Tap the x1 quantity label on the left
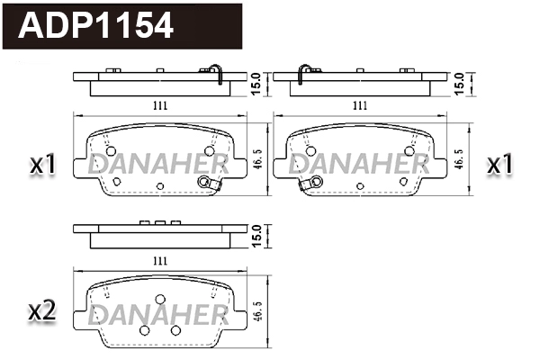pyautogui.click(x=43, y=165)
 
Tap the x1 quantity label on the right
pyautogui.click(x=500, y=165)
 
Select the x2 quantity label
pyautogui.click(x=43, y=311)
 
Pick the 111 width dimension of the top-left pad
pyautogui.click(x=159, y=105)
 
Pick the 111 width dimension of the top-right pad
pyautogui.click(x=360, y=105)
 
